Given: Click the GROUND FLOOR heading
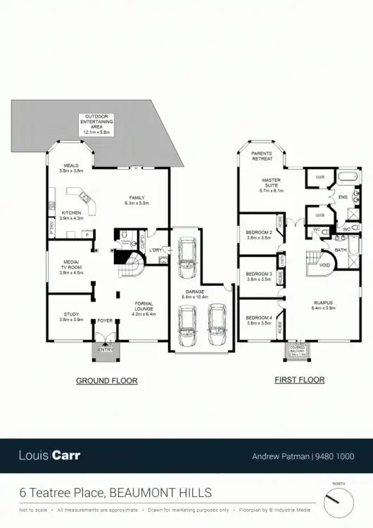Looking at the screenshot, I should (106, 381).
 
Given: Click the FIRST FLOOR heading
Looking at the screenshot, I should (299, 380).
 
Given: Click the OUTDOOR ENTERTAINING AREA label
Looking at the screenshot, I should (99, 124).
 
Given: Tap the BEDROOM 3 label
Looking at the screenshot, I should (259, 277).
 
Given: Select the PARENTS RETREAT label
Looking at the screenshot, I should (262, 156).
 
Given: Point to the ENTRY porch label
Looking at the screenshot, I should (106, 349).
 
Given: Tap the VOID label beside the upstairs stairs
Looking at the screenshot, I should (324, 265).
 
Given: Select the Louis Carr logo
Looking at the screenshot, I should (49, 455).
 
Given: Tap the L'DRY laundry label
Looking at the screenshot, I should (155, 251).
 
